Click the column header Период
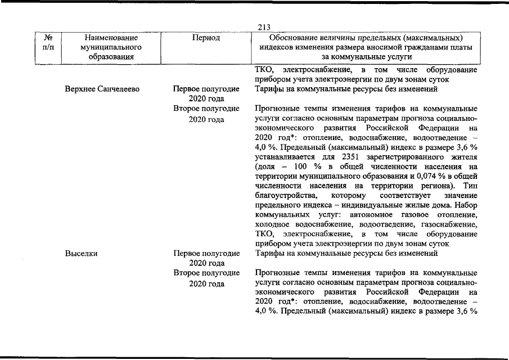click(206, 38)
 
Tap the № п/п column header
click(48, 42)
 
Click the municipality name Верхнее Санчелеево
click(102, 89)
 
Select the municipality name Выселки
click(82, 253)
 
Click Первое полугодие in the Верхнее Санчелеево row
click(206, 89)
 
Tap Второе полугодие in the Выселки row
click(206, 273)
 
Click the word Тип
click(470, 186)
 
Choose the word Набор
click(466, 205)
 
